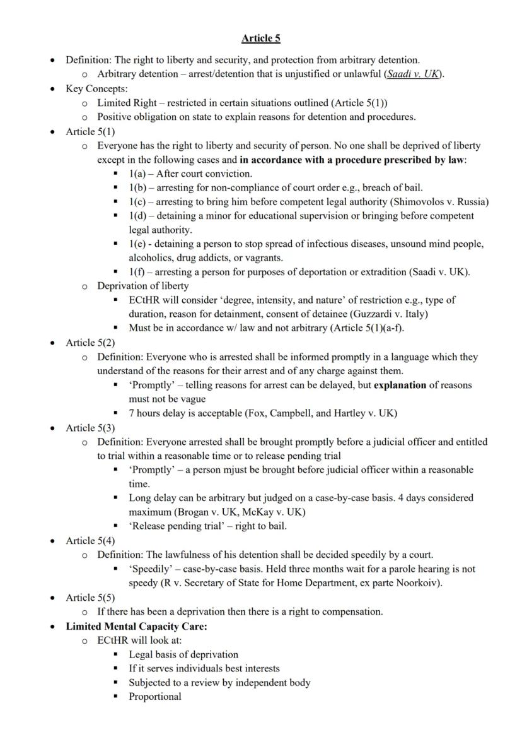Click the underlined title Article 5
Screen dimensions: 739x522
point(260,38)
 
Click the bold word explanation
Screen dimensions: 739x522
point(400,385)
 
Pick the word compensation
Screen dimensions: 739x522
point(351,612)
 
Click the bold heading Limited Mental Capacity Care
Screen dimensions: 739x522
point(136,626)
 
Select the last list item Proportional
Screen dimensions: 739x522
point(155,697)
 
